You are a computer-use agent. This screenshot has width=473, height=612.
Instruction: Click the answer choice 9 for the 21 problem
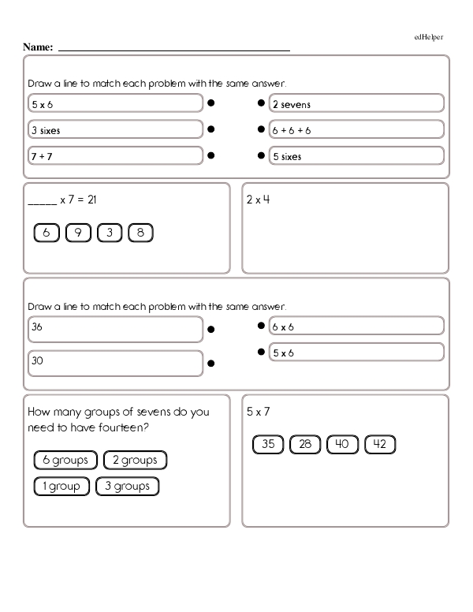point(78,233)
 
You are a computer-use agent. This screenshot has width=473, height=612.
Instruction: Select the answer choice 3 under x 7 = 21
point(109,233)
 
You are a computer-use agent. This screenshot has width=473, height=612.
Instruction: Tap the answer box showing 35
point(268,445)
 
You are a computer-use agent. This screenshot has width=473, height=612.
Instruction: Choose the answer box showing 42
point(379,445)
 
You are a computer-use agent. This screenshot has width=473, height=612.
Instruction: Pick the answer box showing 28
point(305,445)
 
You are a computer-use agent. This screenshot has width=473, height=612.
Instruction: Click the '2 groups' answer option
point(135,460)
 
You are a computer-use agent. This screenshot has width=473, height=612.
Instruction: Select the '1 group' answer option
point(60,487)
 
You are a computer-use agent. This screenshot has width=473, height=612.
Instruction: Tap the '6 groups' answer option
point(65,460)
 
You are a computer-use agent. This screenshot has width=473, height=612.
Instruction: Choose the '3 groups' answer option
point(127,487)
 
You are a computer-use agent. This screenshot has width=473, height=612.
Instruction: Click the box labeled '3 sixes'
point(115,130)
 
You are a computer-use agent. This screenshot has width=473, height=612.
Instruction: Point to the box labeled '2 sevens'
point(356,104)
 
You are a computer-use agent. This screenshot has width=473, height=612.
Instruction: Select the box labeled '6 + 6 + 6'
point(356,130)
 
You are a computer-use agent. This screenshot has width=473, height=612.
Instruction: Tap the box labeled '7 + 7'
point(115,156)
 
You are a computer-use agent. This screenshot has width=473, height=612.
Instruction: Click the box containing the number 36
point(115,327)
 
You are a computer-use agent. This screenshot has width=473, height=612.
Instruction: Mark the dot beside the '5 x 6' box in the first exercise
point(211,103)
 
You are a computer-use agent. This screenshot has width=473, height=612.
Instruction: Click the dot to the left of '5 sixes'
point(261,155)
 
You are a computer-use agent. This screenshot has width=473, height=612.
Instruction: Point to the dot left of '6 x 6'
point(261,326)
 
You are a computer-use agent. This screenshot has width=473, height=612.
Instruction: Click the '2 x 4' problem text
point(258,200)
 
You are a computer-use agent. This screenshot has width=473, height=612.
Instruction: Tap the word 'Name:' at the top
point(38,47)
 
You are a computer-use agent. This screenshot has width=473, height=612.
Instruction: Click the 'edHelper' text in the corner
point(429,37)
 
